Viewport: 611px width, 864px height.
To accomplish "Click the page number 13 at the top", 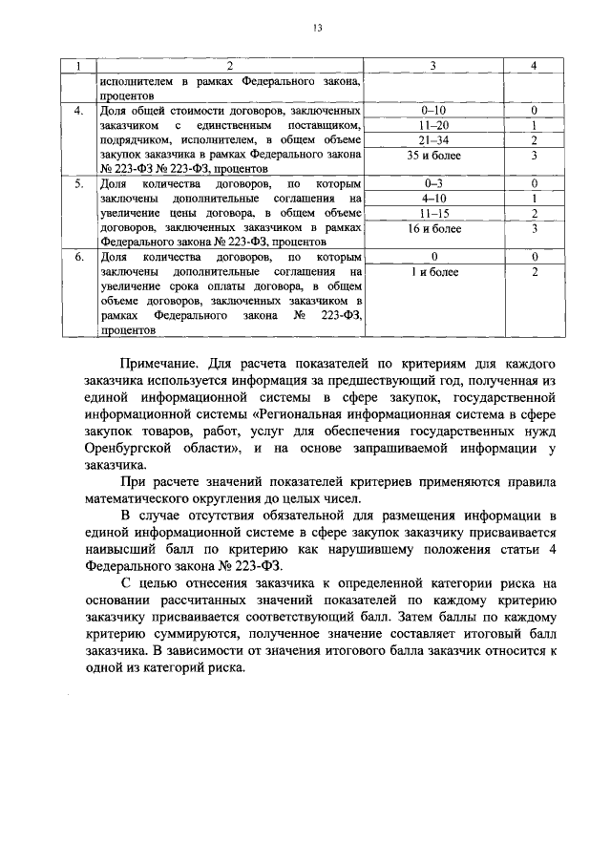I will (x=317, y=28).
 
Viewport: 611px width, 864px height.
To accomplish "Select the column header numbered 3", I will (x=433, y=65).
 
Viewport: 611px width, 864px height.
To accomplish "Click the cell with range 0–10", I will (x=433, y=111).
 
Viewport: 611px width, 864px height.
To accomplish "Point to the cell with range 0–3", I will (x=433, y=182).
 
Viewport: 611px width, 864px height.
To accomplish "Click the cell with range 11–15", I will (x=433, y=212).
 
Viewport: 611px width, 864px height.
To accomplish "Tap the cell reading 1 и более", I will (x=433, y=272).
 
